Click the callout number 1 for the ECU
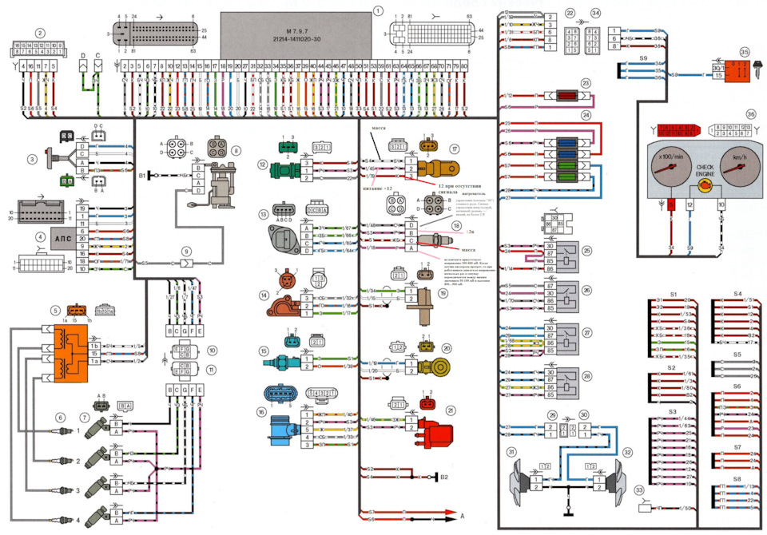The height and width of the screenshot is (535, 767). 377,10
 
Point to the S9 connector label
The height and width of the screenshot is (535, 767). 643,58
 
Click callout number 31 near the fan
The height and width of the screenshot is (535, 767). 510,452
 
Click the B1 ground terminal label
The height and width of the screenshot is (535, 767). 142,172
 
